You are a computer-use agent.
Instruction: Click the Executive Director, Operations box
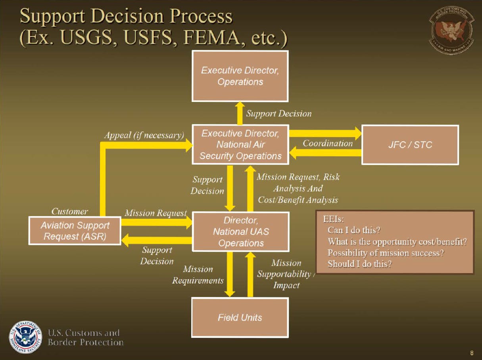point(240,76)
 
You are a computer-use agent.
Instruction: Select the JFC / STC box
point(410,145)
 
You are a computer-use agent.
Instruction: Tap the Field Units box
point(240,317)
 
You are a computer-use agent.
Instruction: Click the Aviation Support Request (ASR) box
point(75,231)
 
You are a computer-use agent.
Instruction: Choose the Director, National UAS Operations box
point(240,232)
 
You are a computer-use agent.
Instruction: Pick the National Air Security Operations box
point(240,145)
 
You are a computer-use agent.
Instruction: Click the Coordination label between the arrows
point(327,144)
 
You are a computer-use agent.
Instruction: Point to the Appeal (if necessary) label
point(144,135)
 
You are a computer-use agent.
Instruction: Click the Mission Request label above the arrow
point(156,213)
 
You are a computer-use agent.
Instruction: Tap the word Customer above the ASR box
point(70,211)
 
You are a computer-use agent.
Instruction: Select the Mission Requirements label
point(198,275)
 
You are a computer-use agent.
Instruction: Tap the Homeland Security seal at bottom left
point(25,337)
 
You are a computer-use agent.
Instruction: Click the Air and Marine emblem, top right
point(451,30)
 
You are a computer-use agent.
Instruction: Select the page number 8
point(472,352)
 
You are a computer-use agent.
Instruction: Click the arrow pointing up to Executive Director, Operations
point(240,113)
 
